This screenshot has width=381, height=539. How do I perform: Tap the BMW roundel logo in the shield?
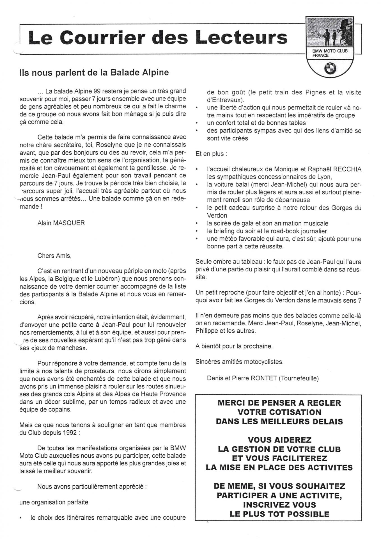(330, 68)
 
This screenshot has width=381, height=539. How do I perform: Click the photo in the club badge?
(329, 33)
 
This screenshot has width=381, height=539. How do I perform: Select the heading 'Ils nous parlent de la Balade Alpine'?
(94, 72)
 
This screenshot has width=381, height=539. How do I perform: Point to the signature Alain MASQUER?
(61, 223)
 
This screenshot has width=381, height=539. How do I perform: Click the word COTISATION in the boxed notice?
(279, 412)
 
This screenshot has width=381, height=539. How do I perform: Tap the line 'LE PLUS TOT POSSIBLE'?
(279, 514)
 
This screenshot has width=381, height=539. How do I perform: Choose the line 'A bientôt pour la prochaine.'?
(234, 346)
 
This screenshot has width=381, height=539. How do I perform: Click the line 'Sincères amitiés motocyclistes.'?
(239, 362)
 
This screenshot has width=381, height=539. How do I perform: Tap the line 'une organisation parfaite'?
(54, 502)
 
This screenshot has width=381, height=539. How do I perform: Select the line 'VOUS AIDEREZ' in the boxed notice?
(279, 440)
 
